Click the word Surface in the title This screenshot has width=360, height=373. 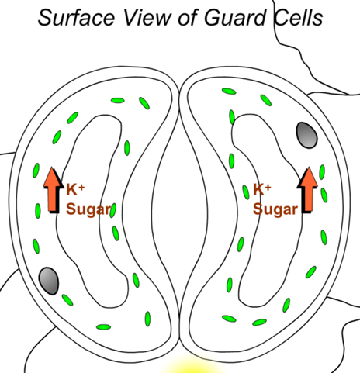76,18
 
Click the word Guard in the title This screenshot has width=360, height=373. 235,18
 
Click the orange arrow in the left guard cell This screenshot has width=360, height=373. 54,190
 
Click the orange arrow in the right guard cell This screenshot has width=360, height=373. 307,190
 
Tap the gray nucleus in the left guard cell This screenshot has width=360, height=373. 49,281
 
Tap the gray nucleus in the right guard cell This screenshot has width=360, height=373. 306,135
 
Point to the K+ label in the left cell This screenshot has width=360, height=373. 75,189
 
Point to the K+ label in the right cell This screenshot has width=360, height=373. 262,189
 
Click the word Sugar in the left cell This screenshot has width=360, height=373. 88,209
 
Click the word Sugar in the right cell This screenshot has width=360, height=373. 275,209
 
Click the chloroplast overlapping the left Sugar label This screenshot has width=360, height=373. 112,210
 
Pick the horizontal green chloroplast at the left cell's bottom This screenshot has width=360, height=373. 103,327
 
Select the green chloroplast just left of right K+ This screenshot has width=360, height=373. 246,192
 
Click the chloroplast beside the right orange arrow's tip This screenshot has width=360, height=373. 322,172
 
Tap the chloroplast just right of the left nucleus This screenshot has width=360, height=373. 67,300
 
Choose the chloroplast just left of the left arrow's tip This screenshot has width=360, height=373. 36,171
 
